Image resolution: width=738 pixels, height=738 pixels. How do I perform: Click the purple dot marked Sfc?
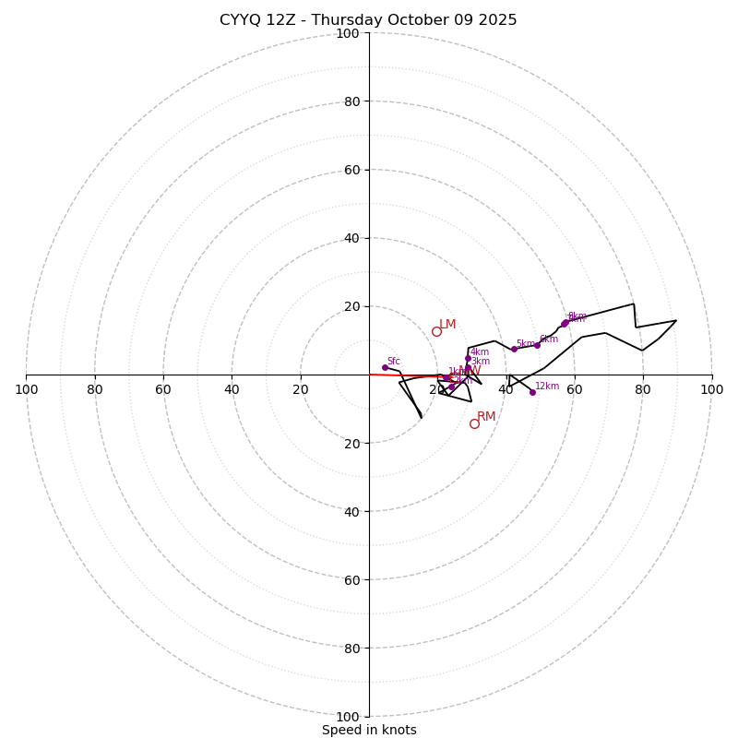point(385,367)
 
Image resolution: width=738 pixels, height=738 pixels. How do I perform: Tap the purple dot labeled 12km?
point(532,392)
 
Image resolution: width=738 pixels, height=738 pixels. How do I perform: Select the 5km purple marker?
point(514,349)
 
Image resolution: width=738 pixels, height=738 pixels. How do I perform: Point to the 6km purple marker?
point(537,345)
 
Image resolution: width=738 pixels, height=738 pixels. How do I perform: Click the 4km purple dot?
point(468,359)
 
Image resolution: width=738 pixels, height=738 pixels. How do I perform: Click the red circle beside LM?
point(436,331)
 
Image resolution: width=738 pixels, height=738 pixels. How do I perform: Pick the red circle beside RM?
point(474,423)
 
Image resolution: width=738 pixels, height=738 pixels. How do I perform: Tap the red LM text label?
point(447,325)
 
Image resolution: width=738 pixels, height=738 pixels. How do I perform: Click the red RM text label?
point(486,417)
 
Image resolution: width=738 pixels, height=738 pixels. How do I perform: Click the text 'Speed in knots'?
point(369,731)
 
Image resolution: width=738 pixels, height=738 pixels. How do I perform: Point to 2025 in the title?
point(499,20)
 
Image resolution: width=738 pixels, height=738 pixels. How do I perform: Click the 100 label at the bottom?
point(348,717)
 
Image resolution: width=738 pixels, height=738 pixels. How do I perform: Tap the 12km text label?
point(547,387)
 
